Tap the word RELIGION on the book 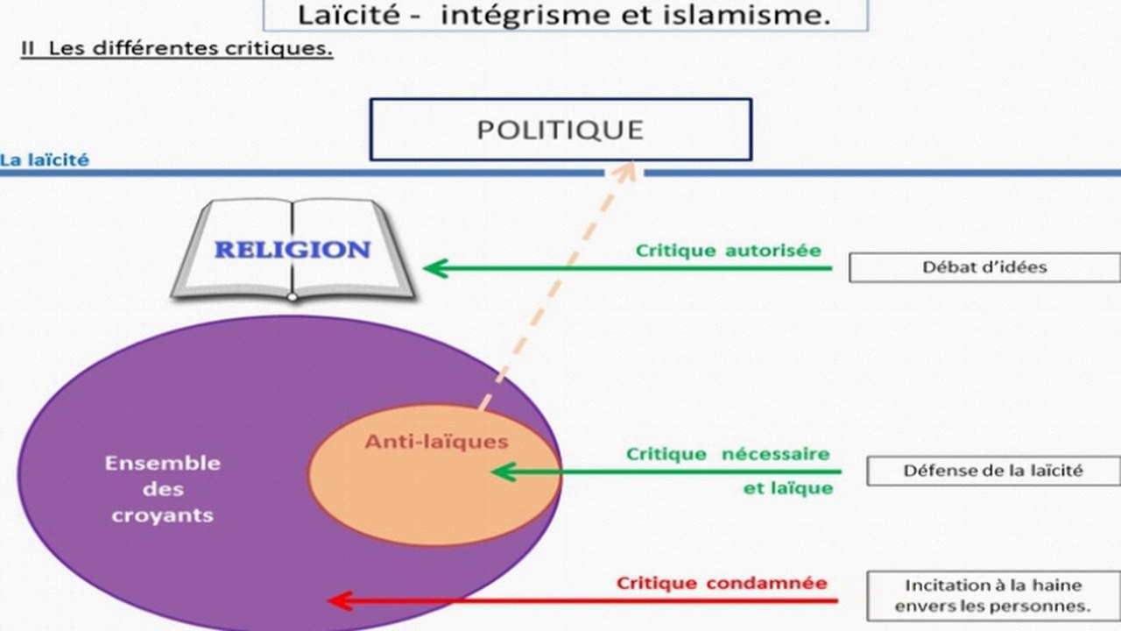(x=293, y=250)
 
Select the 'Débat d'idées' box (x=985, y=267)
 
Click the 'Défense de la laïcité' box (x=993, y=471)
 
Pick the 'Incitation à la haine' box (x=993, y=596)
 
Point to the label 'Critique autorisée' (x=729, y=251)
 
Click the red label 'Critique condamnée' (x=722, y=583)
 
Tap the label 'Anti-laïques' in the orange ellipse (x=436, y=441)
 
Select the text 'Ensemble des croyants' (x=163, y=489)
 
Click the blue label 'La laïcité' (x=45, y=160)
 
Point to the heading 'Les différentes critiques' (x=191, y=48)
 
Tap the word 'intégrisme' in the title (x=525, y=16)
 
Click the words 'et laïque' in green (x=788, y=488)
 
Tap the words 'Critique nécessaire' (x=728, y=454)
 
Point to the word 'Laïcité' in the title (x=349, y=15)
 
